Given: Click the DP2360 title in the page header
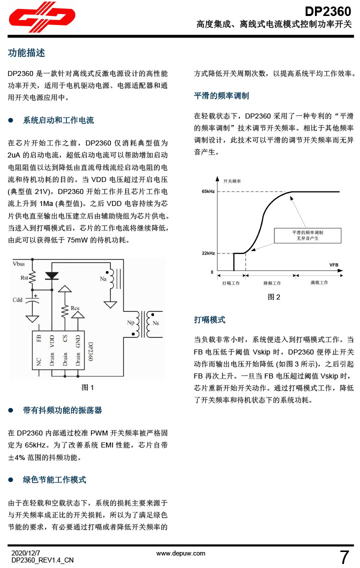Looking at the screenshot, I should click(x=328, y=11).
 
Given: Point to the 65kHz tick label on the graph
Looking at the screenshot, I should click(x=208, y=191).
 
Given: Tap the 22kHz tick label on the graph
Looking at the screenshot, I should click(x=208, y=253).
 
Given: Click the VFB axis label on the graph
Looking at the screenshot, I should click(x=334, y=264).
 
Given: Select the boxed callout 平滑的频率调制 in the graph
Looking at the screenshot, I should click(x=307, y=235).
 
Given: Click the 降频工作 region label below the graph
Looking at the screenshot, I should click(x=272, y=283).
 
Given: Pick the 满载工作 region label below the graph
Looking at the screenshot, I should click(x=319, y=282).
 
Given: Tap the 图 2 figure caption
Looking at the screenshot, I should click(x=274, y=297).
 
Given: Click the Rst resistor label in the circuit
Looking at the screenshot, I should click(x=24, y=277).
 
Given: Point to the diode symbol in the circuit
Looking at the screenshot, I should click(x=51, y=275).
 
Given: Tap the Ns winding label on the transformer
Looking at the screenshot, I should click(x=155, y=323).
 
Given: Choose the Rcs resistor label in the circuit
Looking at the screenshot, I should click(x=75, y=307).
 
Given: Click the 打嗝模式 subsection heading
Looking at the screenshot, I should click(x=209, y=319).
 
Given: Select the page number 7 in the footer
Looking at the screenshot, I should click(x=344, y=556).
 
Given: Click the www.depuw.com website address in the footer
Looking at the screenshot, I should click(x=181, y=553).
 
